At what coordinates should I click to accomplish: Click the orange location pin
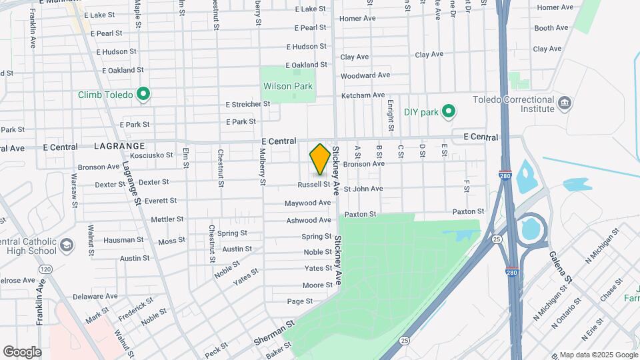click(320, 159)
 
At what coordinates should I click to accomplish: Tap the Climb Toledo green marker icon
click(143, 95)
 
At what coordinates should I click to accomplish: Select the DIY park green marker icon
click(449, 111)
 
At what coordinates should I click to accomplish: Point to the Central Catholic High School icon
click(67, 245)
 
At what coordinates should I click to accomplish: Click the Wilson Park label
click(287, 86)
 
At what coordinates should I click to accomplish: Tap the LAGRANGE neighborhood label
click(119, 146)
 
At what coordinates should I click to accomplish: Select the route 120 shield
click(45, 269)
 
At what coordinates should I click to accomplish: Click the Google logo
click(21, 351)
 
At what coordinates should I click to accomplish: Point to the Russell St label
click(313, 184)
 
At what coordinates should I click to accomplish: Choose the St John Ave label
click(363, 189)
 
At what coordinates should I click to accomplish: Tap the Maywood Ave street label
click(308, 203)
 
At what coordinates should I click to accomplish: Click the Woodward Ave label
click(365, 75)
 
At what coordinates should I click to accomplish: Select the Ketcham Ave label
click(363, 95)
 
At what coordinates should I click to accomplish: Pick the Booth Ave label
click(551, 28)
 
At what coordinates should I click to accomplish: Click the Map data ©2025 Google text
click(598, 355)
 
